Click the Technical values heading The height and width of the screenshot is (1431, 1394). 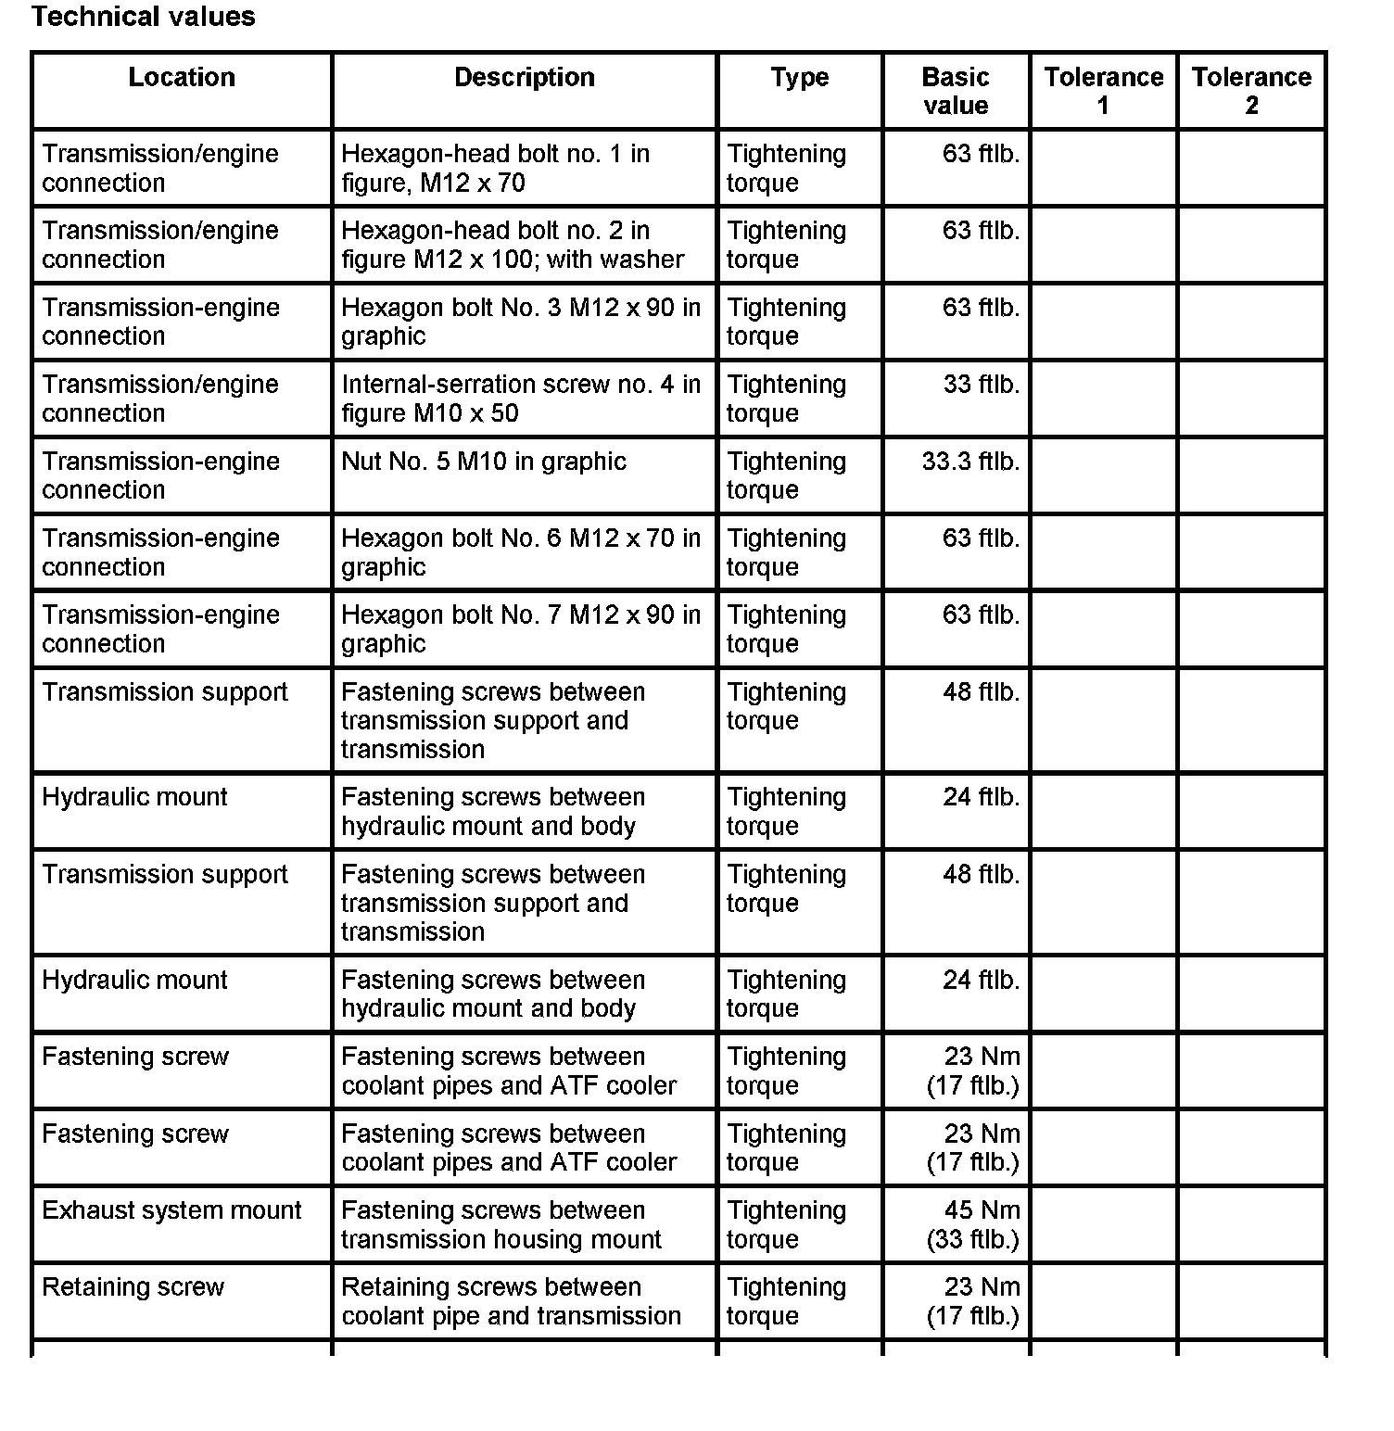143,17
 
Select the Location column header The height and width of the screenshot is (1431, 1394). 182,77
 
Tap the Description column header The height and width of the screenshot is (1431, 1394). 524,77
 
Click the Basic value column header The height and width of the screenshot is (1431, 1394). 956,91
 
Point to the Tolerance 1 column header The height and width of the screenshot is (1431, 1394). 1103,91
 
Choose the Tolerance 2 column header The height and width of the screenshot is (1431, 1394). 1251,91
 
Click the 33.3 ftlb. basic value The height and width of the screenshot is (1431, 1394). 970,462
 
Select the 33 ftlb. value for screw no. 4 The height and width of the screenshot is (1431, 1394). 981,385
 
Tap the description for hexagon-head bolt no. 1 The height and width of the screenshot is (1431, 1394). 495,168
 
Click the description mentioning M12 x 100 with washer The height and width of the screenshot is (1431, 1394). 512,245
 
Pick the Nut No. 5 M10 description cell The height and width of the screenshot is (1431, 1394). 483,462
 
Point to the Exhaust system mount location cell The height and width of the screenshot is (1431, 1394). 171,1210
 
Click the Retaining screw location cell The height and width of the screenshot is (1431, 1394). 133,1287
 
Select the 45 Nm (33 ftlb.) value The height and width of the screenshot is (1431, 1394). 973,1224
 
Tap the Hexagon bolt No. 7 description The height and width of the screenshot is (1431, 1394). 520,629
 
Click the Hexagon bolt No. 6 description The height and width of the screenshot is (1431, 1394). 520,552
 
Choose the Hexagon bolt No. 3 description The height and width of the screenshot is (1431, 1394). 520,322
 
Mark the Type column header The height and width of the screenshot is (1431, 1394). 799,77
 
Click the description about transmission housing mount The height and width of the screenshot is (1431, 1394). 501,1224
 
